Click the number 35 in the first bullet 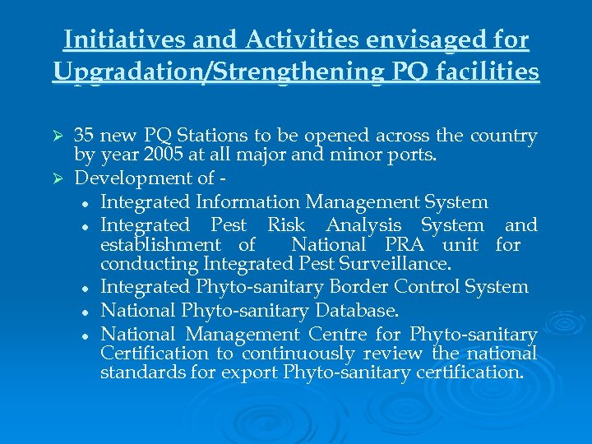pos(83,136)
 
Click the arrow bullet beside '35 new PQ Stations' pos(58,136)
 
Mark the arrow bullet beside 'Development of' pos(58,178)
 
